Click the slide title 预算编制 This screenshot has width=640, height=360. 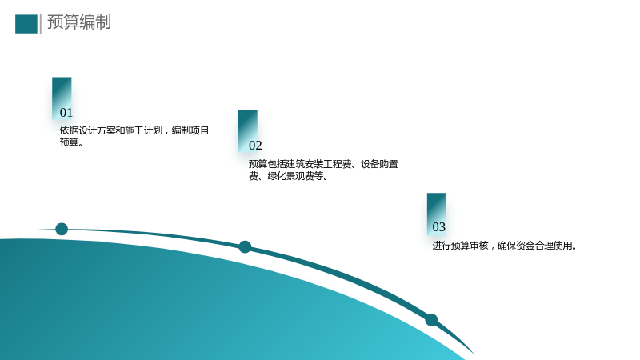(x=79, y=22)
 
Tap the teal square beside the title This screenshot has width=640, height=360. (x=26, y=24)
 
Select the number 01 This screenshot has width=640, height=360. (x=66, y=113)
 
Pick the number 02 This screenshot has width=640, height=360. (x=255, y=146)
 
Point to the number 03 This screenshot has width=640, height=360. (x=438, y=227)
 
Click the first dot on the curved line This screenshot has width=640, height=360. (x=62, y=229)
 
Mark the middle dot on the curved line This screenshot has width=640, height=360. (x=245, y=247)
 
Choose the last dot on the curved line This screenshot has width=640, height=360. (x=431, y=320)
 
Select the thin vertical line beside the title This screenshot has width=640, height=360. (x=41, y=24)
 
